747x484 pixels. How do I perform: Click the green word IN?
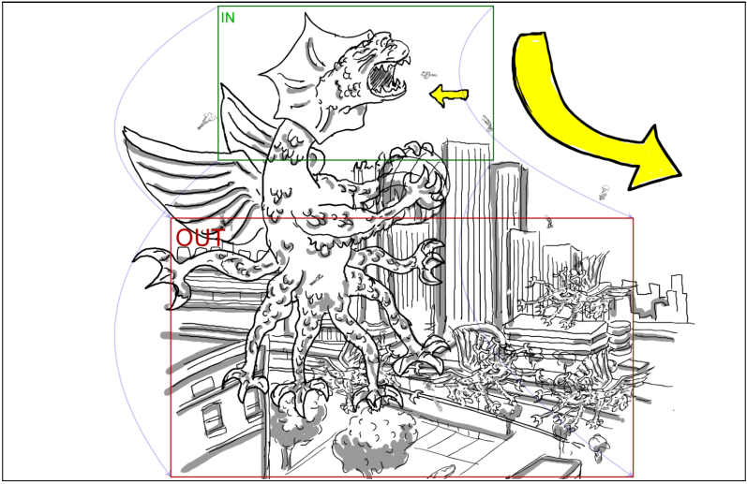[228, 18]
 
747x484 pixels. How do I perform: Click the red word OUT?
[200, 238]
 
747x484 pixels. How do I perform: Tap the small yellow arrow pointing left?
[449, 95]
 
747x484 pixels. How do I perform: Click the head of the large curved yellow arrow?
[652, 158]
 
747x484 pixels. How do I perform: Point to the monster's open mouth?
[386, 78]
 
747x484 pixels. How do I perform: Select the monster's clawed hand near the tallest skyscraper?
[418, 172]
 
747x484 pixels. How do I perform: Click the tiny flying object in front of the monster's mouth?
[428, 75]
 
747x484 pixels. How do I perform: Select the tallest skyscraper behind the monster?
[467, 238]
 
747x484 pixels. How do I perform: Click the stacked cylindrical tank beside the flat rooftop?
[619, 333]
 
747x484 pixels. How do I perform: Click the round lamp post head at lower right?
[596, 444]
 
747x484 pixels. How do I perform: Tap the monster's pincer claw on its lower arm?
[431, 261]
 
